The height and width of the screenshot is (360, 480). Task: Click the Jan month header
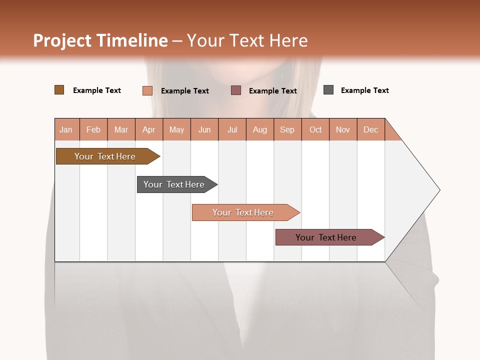[x=66, y=129]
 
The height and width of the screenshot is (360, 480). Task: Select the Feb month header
[x=93, y=129]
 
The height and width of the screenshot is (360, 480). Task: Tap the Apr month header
[x=149, y=129]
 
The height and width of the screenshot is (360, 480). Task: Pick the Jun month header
[x=204, y=129]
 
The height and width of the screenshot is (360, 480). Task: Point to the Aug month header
[x=260, y=129]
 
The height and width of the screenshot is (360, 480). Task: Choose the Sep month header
[x=287, y=129]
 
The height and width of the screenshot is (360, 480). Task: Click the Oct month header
[x=315, y=129]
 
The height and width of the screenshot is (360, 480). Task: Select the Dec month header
[x=371, y=129]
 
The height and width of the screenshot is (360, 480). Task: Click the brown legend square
[x=59, y=90]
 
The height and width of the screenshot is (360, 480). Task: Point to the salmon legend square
[x=147, y=90]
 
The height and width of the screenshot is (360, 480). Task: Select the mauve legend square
[x=236, y=90]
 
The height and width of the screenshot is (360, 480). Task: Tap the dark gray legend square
[x=328, y=90]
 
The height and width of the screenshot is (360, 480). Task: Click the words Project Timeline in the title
[x=100, y=40]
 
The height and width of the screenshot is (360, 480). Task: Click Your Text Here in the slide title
[x=247, y=40]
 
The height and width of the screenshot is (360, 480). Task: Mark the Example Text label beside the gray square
[x=364, y=90]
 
